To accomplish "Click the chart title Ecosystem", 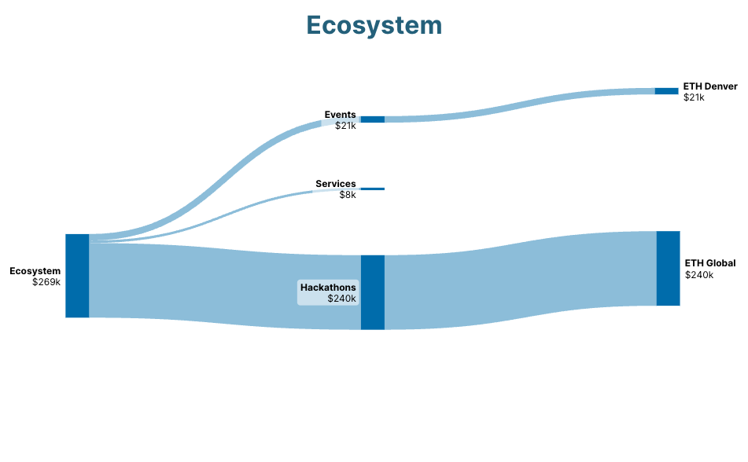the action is (x=374, y=26).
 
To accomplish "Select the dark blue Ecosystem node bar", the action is (x=77, y=276).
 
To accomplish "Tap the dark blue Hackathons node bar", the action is (x=373, y=292).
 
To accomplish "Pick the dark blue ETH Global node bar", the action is (x=668, y=269).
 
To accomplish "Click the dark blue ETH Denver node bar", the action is (x=666, y=91).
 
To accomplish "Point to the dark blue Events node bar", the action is (x=373, y=119).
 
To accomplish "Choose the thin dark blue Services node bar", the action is (x=373, y=189).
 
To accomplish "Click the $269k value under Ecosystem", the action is (x=46, y=282).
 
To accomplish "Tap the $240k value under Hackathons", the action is (x=341, y=299).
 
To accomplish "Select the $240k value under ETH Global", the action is (x=699, y=275).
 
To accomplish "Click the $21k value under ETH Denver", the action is (x=694, y=97).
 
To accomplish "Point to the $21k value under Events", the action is (x=345, y=126).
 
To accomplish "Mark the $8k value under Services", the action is (x=348, y=195).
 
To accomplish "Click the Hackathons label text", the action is (x=328, y=288).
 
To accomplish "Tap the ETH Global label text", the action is (x=710, y=263).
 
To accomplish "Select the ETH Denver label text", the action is (x=710, y=86).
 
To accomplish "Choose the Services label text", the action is (x=335, y=184).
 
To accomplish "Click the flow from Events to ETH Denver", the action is (x=520, y=105).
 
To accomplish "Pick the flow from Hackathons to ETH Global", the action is (x=521, y=280).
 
